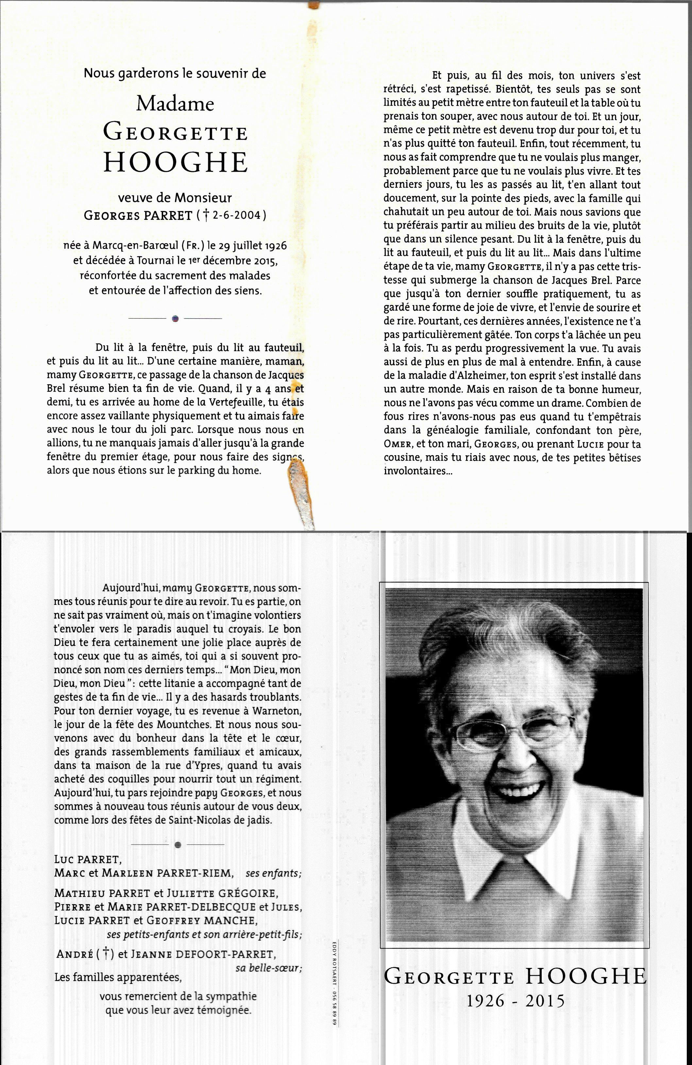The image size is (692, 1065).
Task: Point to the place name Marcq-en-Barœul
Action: click(132, 246)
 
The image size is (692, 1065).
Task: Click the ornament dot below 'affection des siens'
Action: click(176, 318)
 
